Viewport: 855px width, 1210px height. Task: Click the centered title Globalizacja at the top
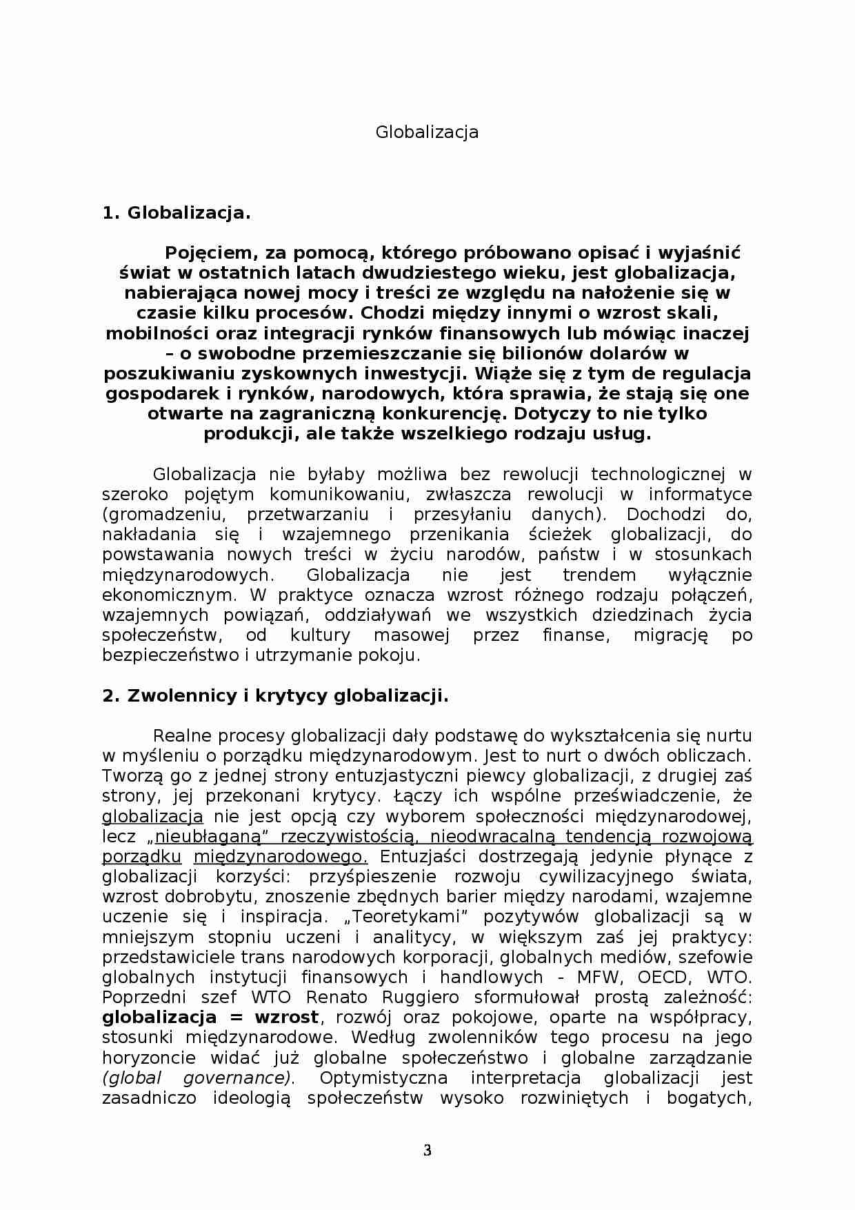[427, 132]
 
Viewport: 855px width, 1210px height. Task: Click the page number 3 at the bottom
[427, 1150]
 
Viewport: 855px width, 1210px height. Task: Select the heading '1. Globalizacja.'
[177, 213]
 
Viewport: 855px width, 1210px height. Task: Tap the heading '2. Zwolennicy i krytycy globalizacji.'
[275, 696]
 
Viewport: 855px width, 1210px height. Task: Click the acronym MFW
[600, 978]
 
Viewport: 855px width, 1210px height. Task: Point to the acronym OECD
[663, 978]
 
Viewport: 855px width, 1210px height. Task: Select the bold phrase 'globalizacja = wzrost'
[210, 1018]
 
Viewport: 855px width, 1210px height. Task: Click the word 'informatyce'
[700, 495]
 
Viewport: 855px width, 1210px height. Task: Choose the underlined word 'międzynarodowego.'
[281, 857]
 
